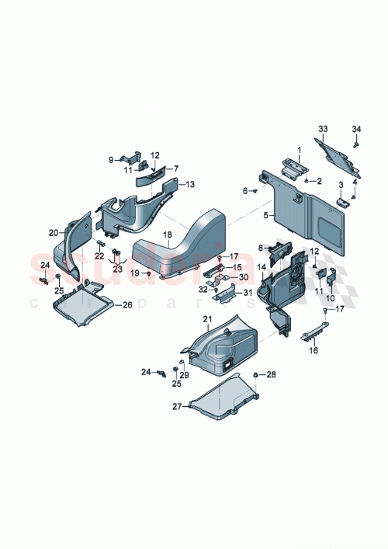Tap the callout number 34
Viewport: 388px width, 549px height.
coord(356,128)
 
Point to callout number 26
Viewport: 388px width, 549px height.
coord(128,305)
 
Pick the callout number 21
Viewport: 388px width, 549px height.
coord(207,320)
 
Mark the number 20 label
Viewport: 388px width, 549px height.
coord(54,232)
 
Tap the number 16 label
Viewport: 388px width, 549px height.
coord(314,350)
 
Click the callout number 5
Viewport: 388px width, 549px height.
coord(265,215)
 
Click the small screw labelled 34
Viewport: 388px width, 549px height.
coord(355,143)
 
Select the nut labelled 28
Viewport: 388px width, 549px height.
coord(255,376)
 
